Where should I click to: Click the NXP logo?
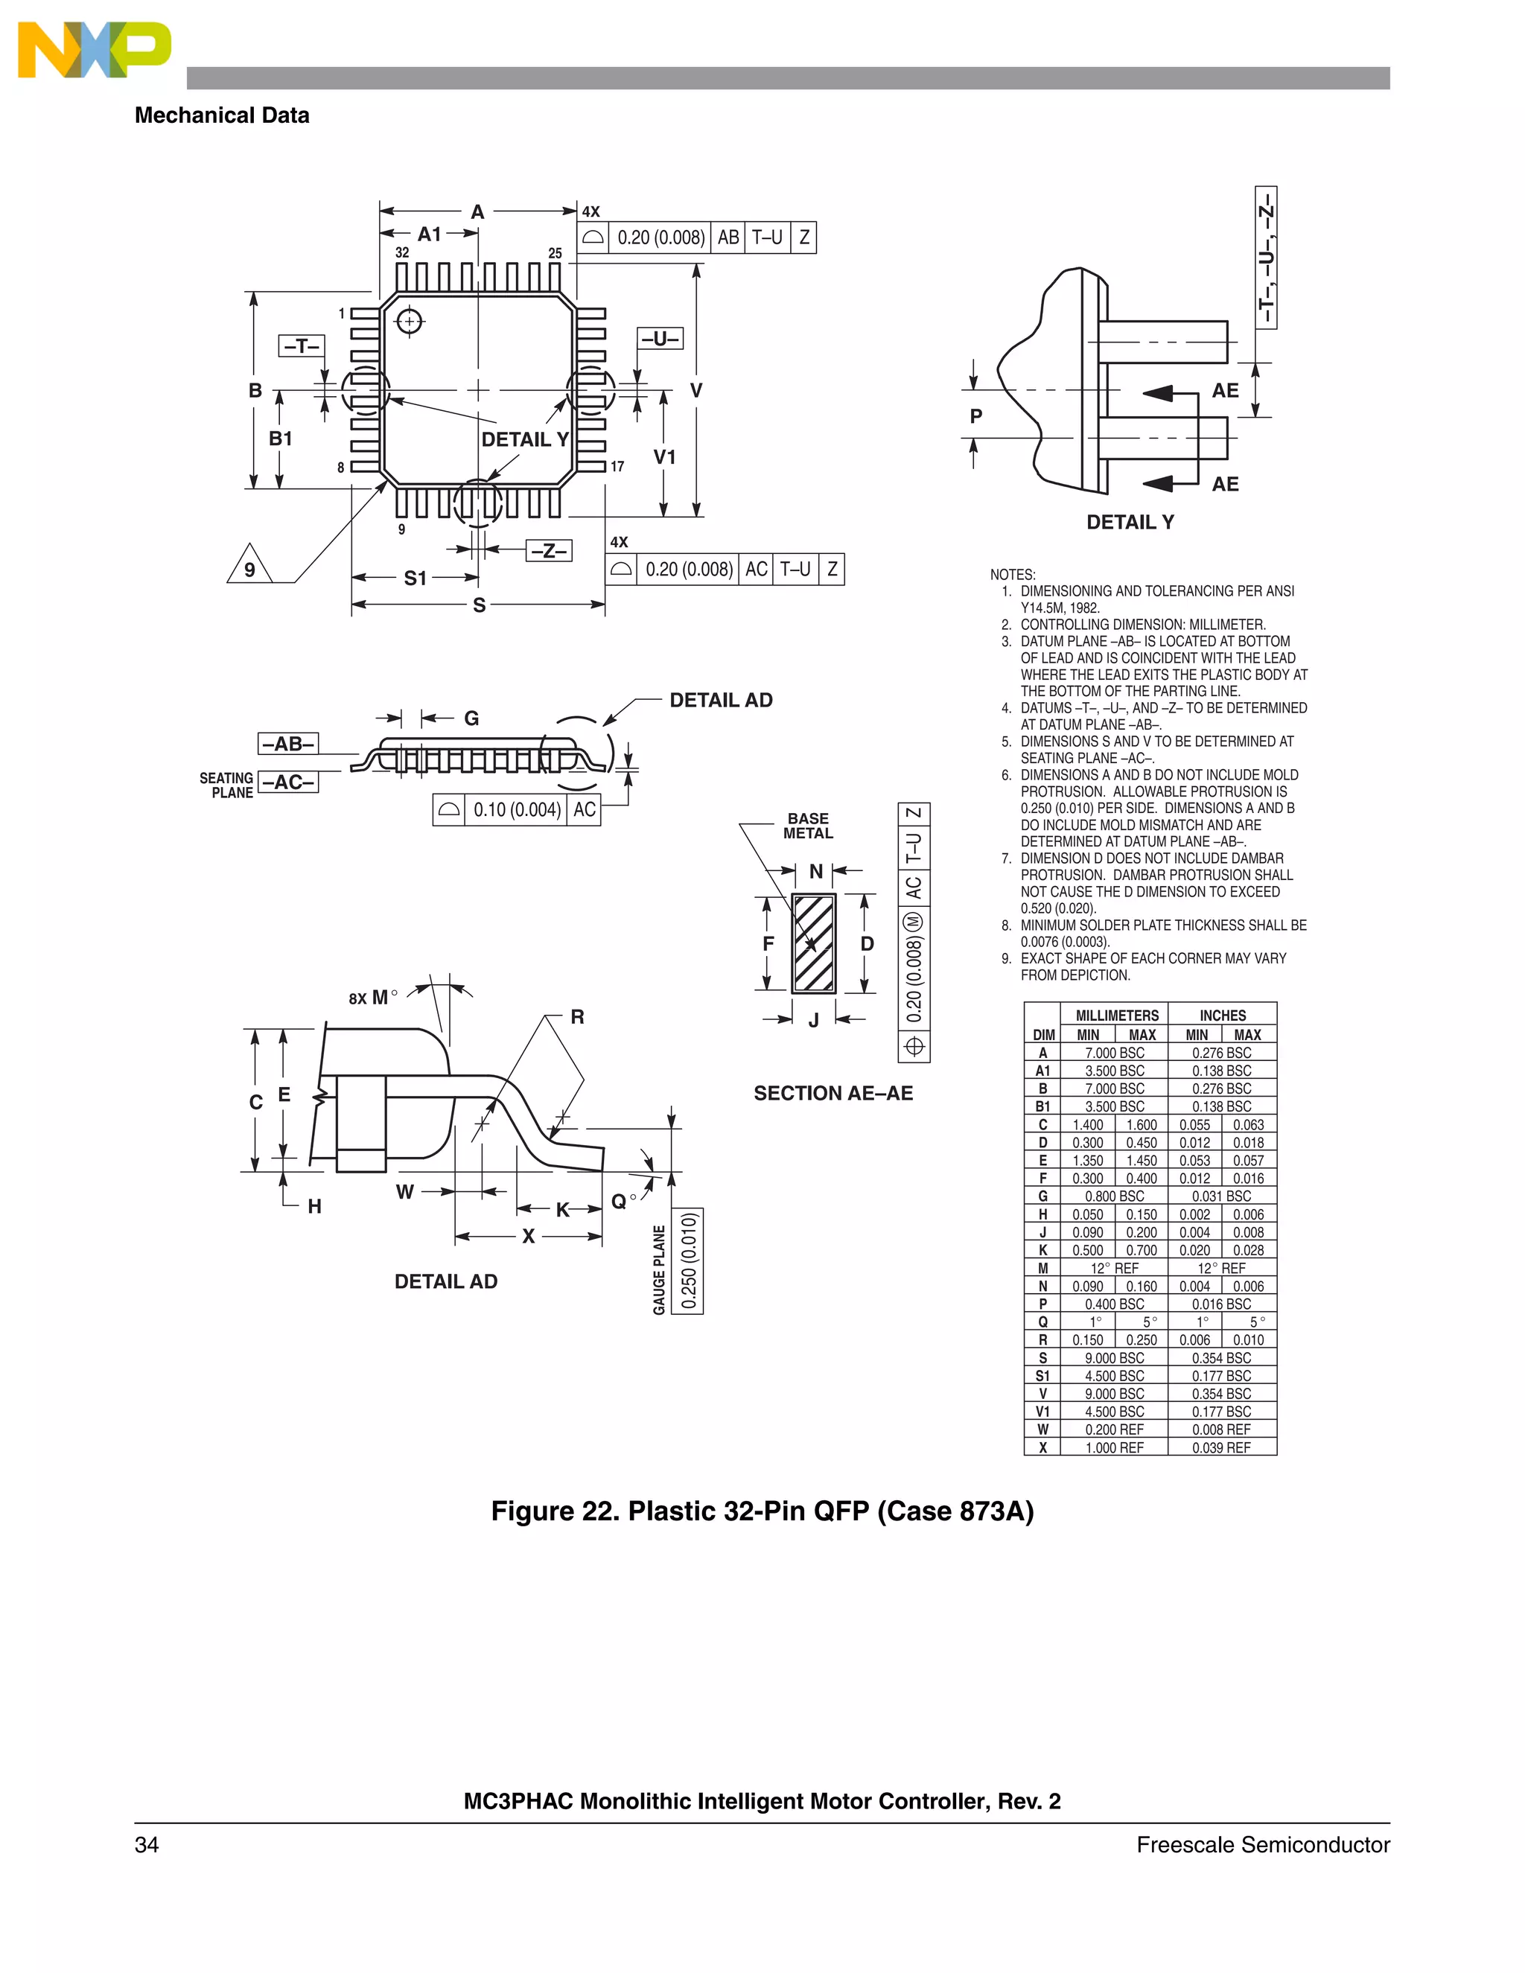tap(94, 50)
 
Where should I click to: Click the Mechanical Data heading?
tap(221, 115)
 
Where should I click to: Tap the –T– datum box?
tap(301, 346)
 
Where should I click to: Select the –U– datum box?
tap(660, 339)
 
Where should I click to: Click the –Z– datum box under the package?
tap(548, 550)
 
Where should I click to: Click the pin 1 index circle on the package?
tap(410, 321)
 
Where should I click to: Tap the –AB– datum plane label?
tap(288, 744)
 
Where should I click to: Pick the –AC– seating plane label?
tap(288, 782)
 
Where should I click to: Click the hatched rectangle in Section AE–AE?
tap(813, 944)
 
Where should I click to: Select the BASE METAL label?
tap(808, 826)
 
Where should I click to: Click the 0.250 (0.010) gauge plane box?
tap(689, 1261)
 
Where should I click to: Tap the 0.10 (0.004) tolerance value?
tap(517, 809)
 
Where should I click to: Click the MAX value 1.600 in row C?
tap(1141, 1125)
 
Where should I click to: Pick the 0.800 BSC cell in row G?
tap(1114, 1196)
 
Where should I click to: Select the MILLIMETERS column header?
tap(1117, 1016)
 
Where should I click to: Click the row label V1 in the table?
tap(1042, 1411)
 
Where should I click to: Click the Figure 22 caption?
tap(762, 1511)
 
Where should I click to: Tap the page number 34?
tap(147, 1845)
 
